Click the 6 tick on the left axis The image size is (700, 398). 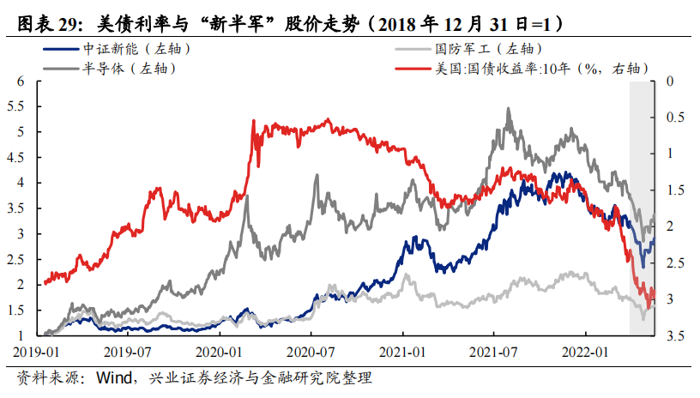point(21,81)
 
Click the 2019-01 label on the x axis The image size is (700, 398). point(35,352)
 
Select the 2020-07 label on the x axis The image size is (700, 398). point(311,352)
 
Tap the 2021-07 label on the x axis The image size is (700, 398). point(494,352)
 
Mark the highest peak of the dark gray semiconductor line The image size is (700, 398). point(509,109)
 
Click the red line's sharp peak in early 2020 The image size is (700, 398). point(254,121)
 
